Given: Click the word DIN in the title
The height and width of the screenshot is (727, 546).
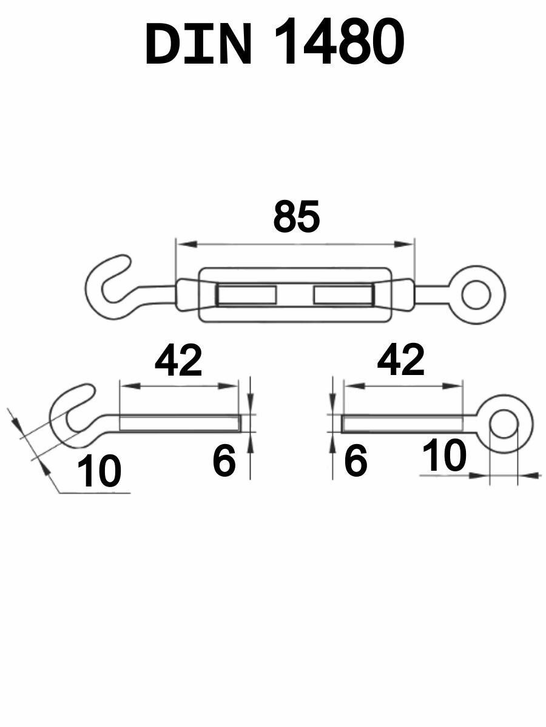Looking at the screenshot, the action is click(198, 43).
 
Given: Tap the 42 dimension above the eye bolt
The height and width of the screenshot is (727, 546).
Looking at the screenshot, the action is click(401, 360).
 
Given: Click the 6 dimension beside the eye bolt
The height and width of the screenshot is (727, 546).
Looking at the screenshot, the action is click(356, 460).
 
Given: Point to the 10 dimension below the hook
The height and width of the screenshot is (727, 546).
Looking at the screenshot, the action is click(99, 471).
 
